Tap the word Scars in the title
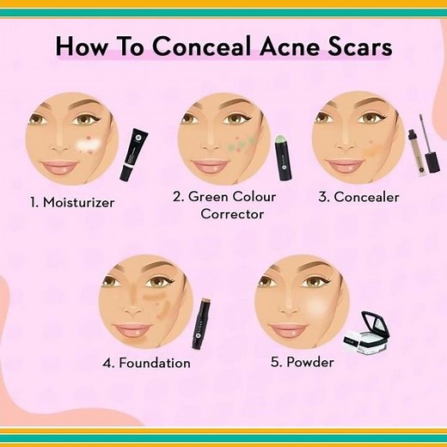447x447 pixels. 357,45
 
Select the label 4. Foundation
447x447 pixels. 146,363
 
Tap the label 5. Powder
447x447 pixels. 302,362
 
